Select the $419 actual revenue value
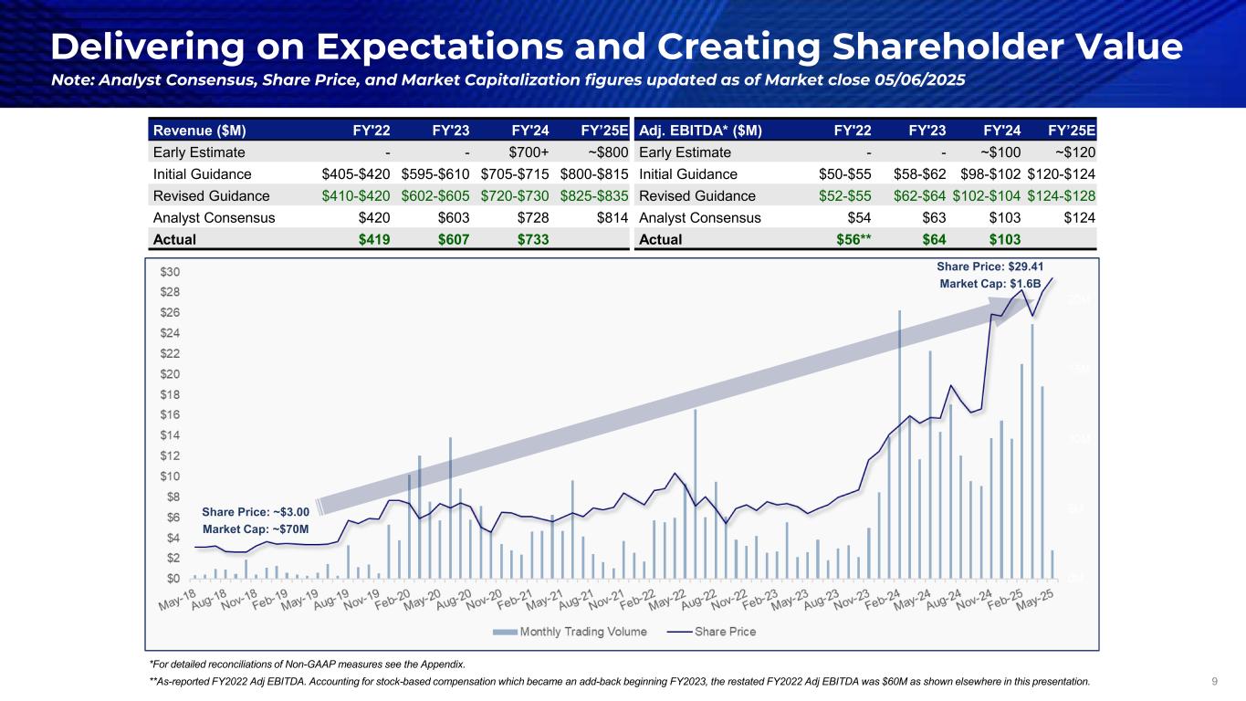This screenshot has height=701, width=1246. (372, 240)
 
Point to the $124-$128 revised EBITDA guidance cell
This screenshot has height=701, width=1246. (1062, 196)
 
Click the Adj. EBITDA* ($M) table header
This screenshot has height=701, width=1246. (696, 130)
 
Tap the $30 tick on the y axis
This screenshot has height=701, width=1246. (169, 272)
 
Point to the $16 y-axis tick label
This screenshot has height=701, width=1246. (169, 414)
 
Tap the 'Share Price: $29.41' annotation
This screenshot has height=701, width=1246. (989, 267)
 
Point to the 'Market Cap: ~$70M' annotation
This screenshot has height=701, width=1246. (256, 529)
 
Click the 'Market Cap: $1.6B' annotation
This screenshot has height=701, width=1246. (990, 284)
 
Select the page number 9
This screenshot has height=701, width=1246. (1214, 680)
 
